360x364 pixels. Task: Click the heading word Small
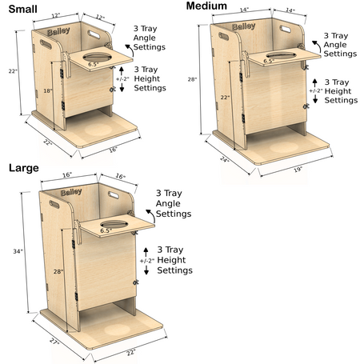click(22, 9)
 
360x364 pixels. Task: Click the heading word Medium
click(206, 6)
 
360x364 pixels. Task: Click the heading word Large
click(24, 168)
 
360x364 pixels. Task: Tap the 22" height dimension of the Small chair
click(13, 71)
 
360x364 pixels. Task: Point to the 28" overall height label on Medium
click(192, 79)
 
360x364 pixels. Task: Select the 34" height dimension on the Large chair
click(18, 251)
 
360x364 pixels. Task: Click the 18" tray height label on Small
click(48, 90)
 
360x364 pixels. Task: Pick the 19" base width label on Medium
click(298, 170)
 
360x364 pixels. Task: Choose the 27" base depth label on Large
click(54, 341)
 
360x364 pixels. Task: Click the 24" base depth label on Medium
click(225, 159)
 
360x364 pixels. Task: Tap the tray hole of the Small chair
click(97, 57)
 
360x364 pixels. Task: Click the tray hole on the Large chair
click(114, 224)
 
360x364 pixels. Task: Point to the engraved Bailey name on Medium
click(243, 26)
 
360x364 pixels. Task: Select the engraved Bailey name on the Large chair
click(71, 192)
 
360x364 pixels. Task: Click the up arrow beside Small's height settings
click(122, 70)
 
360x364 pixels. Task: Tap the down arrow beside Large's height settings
click(146, 270)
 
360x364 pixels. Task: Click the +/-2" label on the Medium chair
click(316, 90)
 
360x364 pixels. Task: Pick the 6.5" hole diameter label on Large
click(106, 230)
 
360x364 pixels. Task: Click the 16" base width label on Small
click(113, 150)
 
